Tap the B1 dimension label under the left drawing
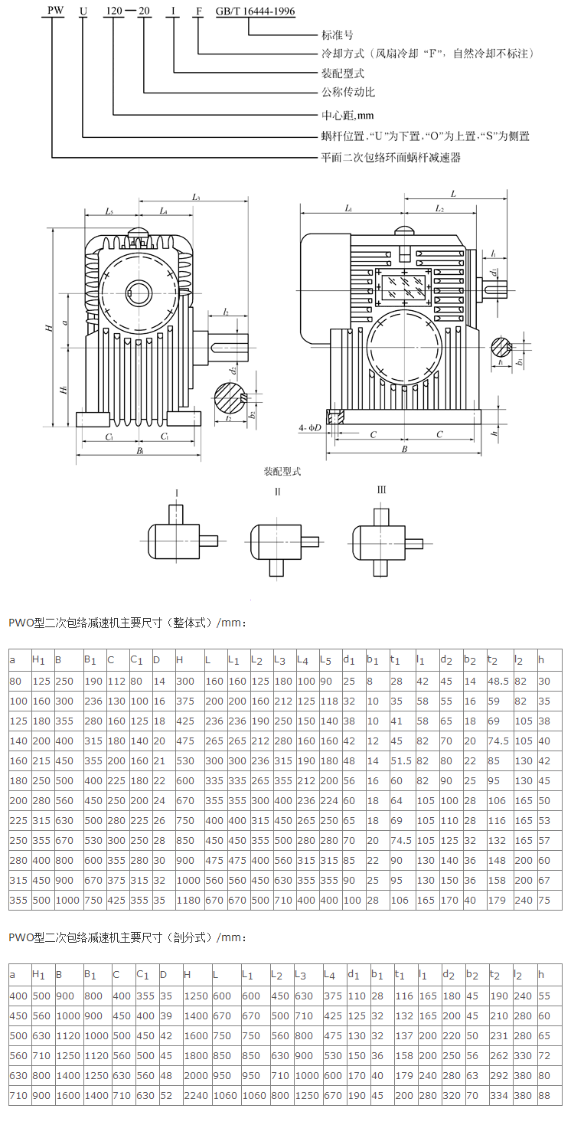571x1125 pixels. (x=139, y=453)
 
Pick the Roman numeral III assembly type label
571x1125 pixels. (x=380, y=490)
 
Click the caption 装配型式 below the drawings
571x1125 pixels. (x=282, y=472)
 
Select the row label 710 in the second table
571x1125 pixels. (x=17, y=1095)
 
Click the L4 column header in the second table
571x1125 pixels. (x=330, y=975)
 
